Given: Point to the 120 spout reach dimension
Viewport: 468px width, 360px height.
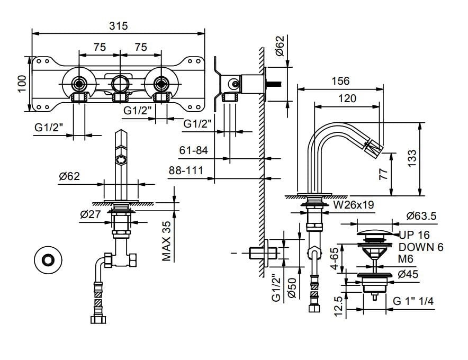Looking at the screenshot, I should click(347, 98).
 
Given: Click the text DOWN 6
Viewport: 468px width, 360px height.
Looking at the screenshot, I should click(421, 247).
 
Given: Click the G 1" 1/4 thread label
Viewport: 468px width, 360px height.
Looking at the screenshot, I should click(413, 301).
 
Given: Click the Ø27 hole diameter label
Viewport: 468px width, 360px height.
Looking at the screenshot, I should click(91, 214).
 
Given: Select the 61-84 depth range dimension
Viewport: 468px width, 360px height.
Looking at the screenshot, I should click(193, 151).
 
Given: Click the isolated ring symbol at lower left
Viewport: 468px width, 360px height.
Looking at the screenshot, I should click(48, 260).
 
